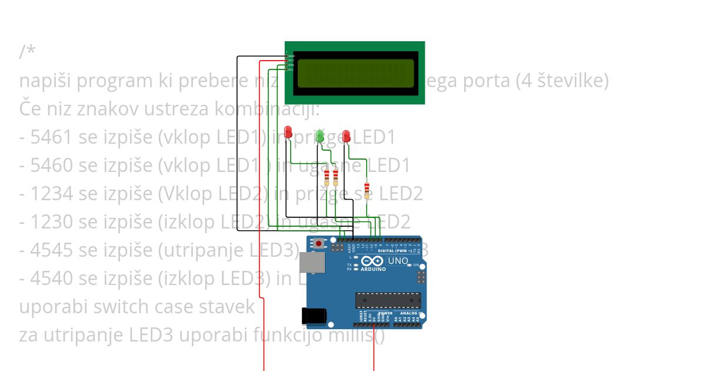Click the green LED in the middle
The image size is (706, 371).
319,136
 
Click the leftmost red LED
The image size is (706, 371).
288,131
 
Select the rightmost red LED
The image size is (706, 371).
347,136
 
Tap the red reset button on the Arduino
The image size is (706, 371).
319,243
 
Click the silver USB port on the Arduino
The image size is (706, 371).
311,263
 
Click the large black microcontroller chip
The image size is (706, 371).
388,300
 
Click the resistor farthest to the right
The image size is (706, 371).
367,190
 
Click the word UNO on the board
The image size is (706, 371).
398,260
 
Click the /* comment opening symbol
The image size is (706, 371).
27,52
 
